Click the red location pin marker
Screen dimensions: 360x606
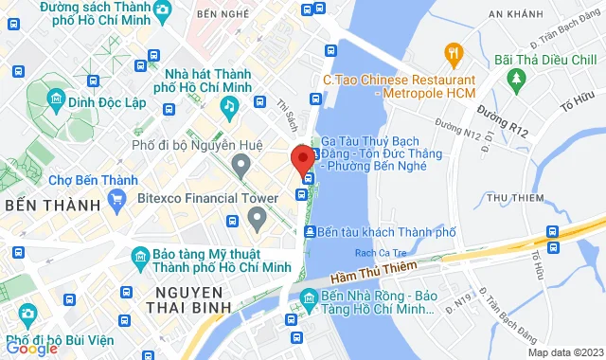coord(303,157)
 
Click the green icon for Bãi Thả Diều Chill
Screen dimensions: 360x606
coord(515,75)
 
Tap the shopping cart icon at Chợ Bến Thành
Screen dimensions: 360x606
coord(118,199)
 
